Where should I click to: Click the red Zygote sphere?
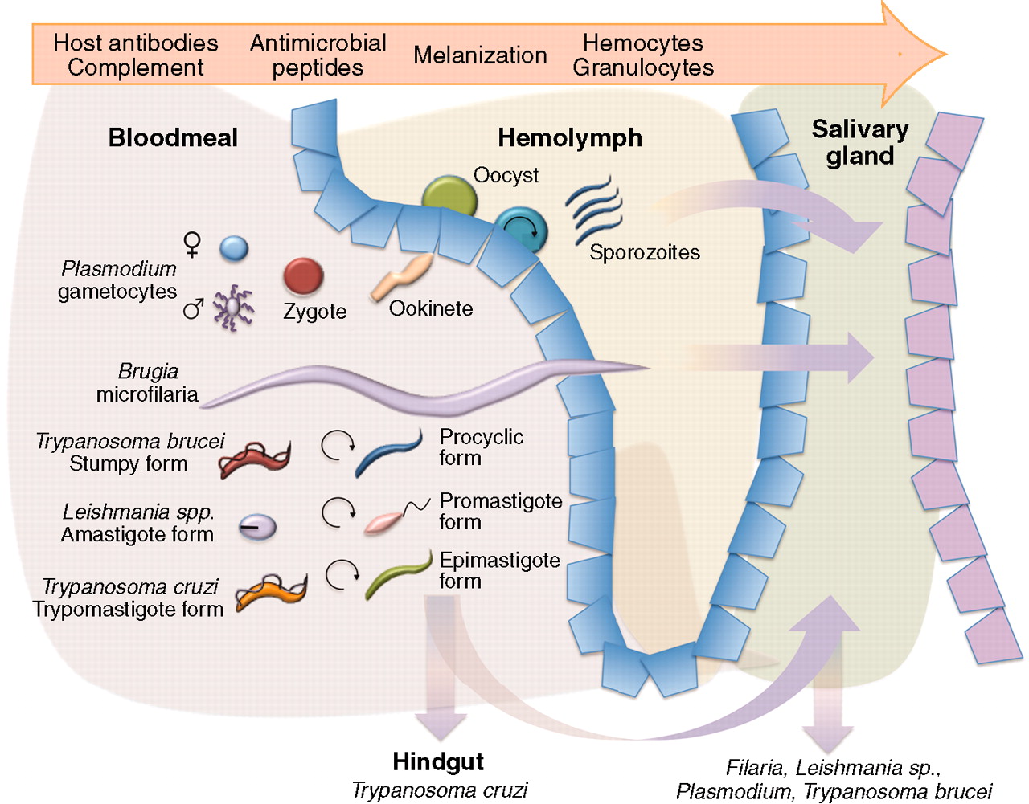tap(303, 276)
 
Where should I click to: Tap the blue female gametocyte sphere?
tap(234, 248)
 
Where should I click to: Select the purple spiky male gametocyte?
tap(232, 307)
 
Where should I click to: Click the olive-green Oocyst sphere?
tap(449, 198)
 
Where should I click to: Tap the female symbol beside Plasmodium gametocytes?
tap(192, 243)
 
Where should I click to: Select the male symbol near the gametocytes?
tap(193, 308)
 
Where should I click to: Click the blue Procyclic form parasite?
tap(388, 455)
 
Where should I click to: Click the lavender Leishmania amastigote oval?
tap(257, 527)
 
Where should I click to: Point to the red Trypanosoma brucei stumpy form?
tap(254, 459)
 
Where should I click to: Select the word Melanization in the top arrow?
tap(480, 55)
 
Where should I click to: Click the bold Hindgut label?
tap(438, 761)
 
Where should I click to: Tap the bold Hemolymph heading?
tap(570, 137)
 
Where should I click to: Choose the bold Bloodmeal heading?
tap(173, 137)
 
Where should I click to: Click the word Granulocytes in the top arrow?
tap(643, 67)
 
